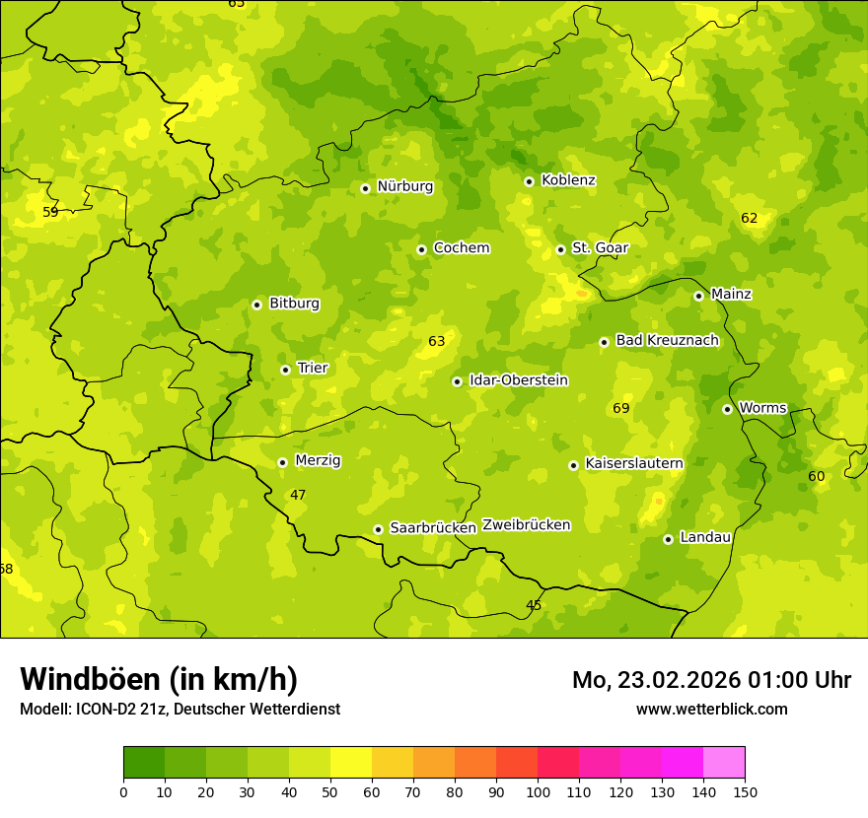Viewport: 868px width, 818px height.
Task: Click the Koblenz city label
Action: tap(568, 180)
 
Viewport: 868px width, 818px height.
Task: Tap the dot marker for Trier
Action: tap(285, 370)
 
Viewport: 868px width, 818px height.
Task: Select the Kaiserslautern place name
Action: tap(633, 463)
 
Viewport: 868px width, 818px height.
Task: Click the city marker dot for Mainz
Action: tap(698, 296)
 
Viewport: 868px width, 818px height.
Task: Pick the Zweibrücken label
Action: tap(526, 525)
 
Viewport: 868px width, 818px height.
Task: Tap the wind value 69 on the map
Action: tap(620, 408)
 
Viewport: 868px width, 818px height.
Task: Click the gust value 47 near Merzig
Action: tap(298, 495)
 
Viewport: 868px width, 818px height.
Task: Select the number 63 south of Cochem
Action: tap(436, 341)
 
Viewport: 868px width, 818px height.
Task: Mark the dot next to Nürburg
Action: tap(365, 188)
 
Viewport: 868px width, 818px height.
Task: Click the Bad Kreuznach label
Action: tap(667, 340)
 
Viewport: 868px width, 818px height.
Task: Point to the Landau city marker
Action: tap(668, 539)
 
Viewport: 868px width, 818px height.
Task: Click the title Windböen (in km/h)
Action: tap(159, 679)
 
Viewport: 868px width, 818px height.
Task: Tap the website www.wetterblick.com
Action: tap(711, 709)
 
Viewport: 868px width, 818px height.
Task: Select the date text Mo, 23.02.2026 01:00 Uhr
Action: tap(711, 680)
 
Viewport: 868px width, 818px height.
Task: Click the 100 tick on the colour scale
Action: tap(538, 791)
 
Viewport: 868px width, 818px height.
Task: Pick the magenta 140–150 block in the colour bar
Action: tap(724, 763)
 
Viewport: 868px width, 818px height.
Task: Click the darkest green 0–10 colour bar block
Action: tap(144, 763)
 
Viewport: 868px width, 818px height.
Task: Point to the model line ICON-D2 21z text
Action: tap(180, 709)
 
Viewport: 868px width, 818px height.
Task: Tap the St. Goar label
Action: tap(600, 247)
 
